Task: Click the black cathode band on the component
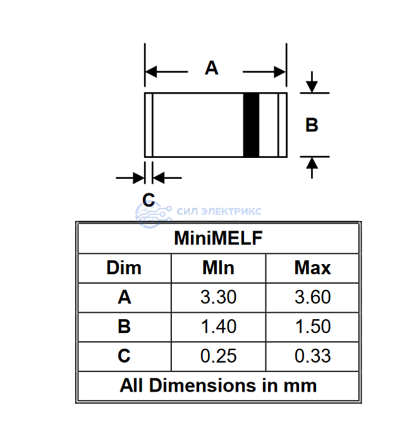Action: click(x=252, y=125)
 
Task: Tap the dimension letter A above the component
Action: click(x=211, y=68)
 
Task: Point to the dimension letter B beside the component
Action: click(x=312, y=124)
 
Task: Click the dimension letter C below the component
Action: click(x=149, y=200)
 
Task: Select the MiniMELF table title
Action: click(x=218, y=238)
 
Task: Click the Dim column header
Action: click(x=124, y=268)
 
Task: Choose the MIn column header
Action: click(x=218, y=268)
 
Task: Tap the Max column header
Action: click(x=312, y=268)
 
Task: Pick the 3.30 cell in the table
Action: click(x=218, y=297)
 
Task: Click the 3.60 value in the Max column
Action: click(x=312, y=297)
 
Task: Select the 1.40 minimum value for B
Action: click(x=219, y=326)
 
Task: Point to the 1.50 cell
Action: click(x=313, y=326)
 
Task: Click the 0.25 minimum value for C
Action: click(x=218, y=356)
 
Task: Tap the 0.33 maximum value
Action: click(x=312, y=356)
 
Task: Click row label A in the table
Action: click(x=125, y=297)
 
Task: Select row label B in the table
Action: click(x=124, y=327)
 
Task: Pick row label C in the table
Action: click(x=124, y=356)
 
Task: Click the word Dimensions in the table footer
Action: click(x=203, y=385)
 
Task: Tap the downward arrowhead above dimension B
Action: click(x=312, y=87)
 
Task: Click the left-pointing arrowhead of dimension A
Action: click(x=151, y=71)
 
